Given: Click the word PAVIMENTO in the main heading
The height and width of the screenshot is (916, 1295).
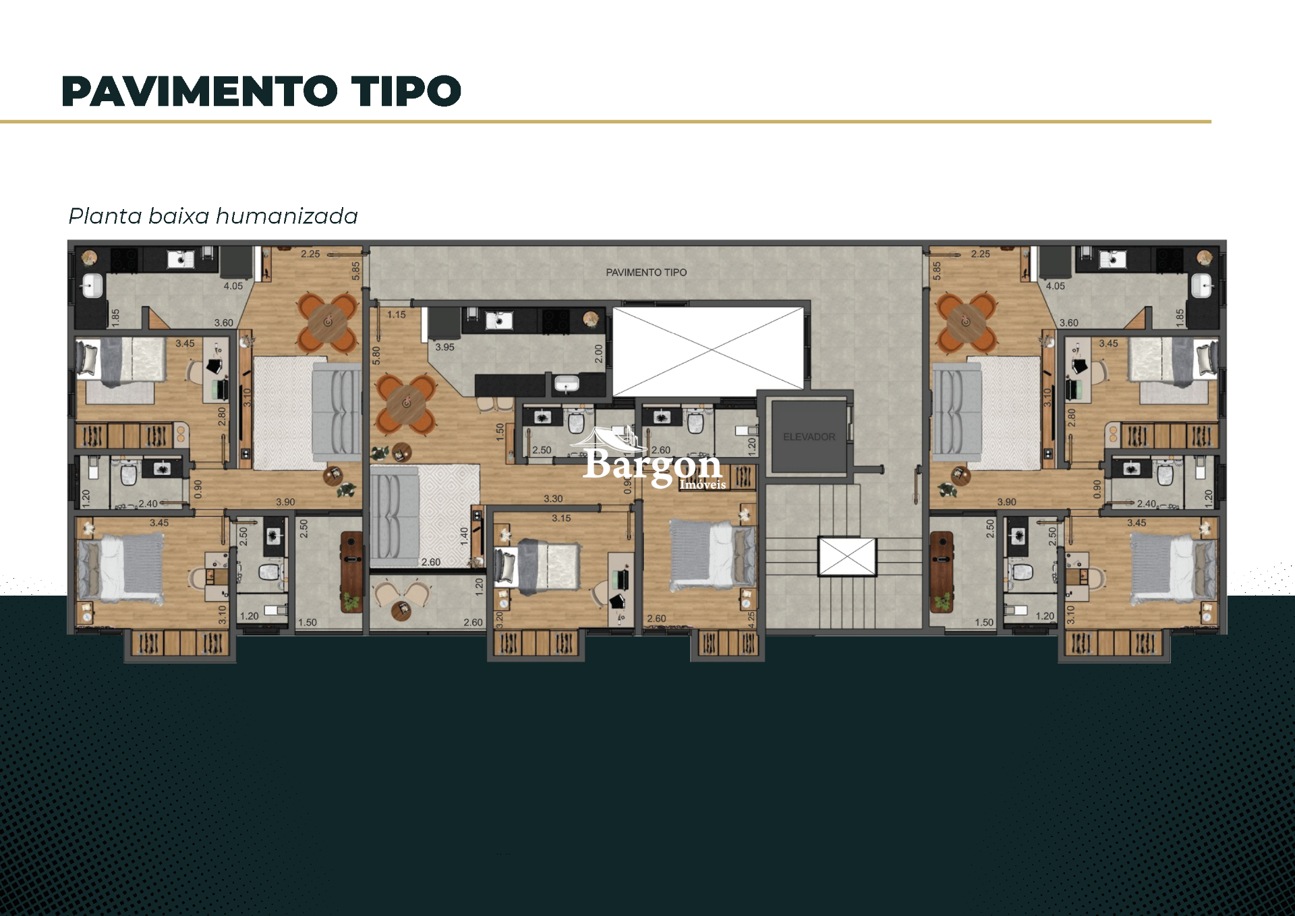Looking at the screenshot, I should pos(199,92).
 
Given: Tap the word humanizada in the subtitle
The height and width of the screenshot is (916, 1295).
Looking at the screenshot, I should pos(287,217).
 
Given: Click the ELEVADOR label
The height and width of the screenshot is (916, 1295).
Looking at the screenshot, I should pos(809,437).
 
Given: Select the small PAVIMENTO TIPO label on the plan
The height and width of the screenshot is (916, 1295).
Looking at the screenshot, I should pos(645,273).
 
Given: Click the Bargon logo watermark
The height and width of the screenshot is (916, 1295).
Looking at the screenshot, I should pos(652,463).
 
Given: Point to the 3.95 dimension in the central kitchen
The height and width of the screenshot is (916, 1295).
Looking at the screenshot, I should pos(444,347).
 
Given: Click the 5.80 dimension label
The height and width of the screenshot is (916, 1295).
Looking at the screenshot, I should pos(376,355).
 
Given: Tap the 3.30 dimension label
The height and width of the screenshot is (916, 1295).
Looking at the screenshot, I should pos(553,499).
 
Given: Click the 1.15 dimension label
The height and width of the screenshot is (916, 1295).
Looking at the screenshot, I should pos(397,315).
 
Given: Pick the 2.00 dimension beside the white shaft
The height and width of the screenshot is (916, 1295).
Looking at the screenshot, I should pos(598,353).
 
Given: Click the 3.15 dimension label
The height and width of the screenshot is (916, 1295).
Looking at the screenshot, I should pos(561,519).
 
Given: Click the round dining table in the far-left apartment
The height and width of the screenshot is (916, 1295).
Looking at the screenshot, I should pos(328,322).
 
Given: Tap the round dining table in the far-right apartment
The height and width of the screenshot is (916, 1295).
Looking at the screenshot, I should pos(965,322).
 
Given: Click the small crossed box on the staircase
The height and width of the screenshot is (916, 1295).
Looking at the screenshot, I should pos(847,556).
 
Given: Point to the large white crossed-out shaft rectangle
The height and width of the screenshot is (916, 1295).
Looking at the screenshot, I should pos(708,351).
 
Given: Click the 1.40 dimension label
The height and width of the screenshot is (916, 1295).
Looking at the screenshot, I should pos(464,536).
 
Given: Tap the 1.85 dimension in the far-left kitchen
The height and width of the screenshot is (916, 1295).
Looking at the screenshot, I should pos(115,317).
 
